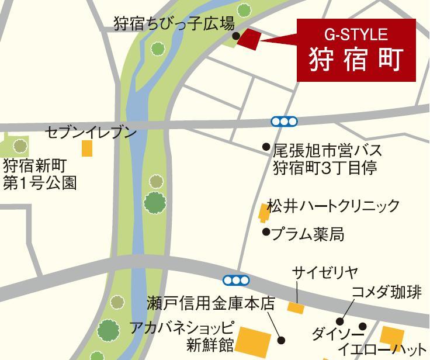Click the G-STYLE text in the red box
[x=356, y=34]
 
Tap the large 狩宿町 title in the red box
[x=356, y=60]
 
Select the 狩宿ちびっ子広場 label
[x=174, y=25]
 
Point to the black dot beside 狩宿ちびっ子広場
[x=237, y=36]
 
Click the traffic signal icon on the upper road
[x=285, y=122]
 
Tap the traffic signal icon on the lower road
[x=236, y=280]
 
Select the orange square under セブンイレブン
[x=86, y=148]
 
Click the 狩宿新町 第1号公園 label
[x=40, y=174]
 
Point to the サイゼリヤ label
[x=325, y=272]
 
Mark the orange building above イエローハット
[x=391, y=336]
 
